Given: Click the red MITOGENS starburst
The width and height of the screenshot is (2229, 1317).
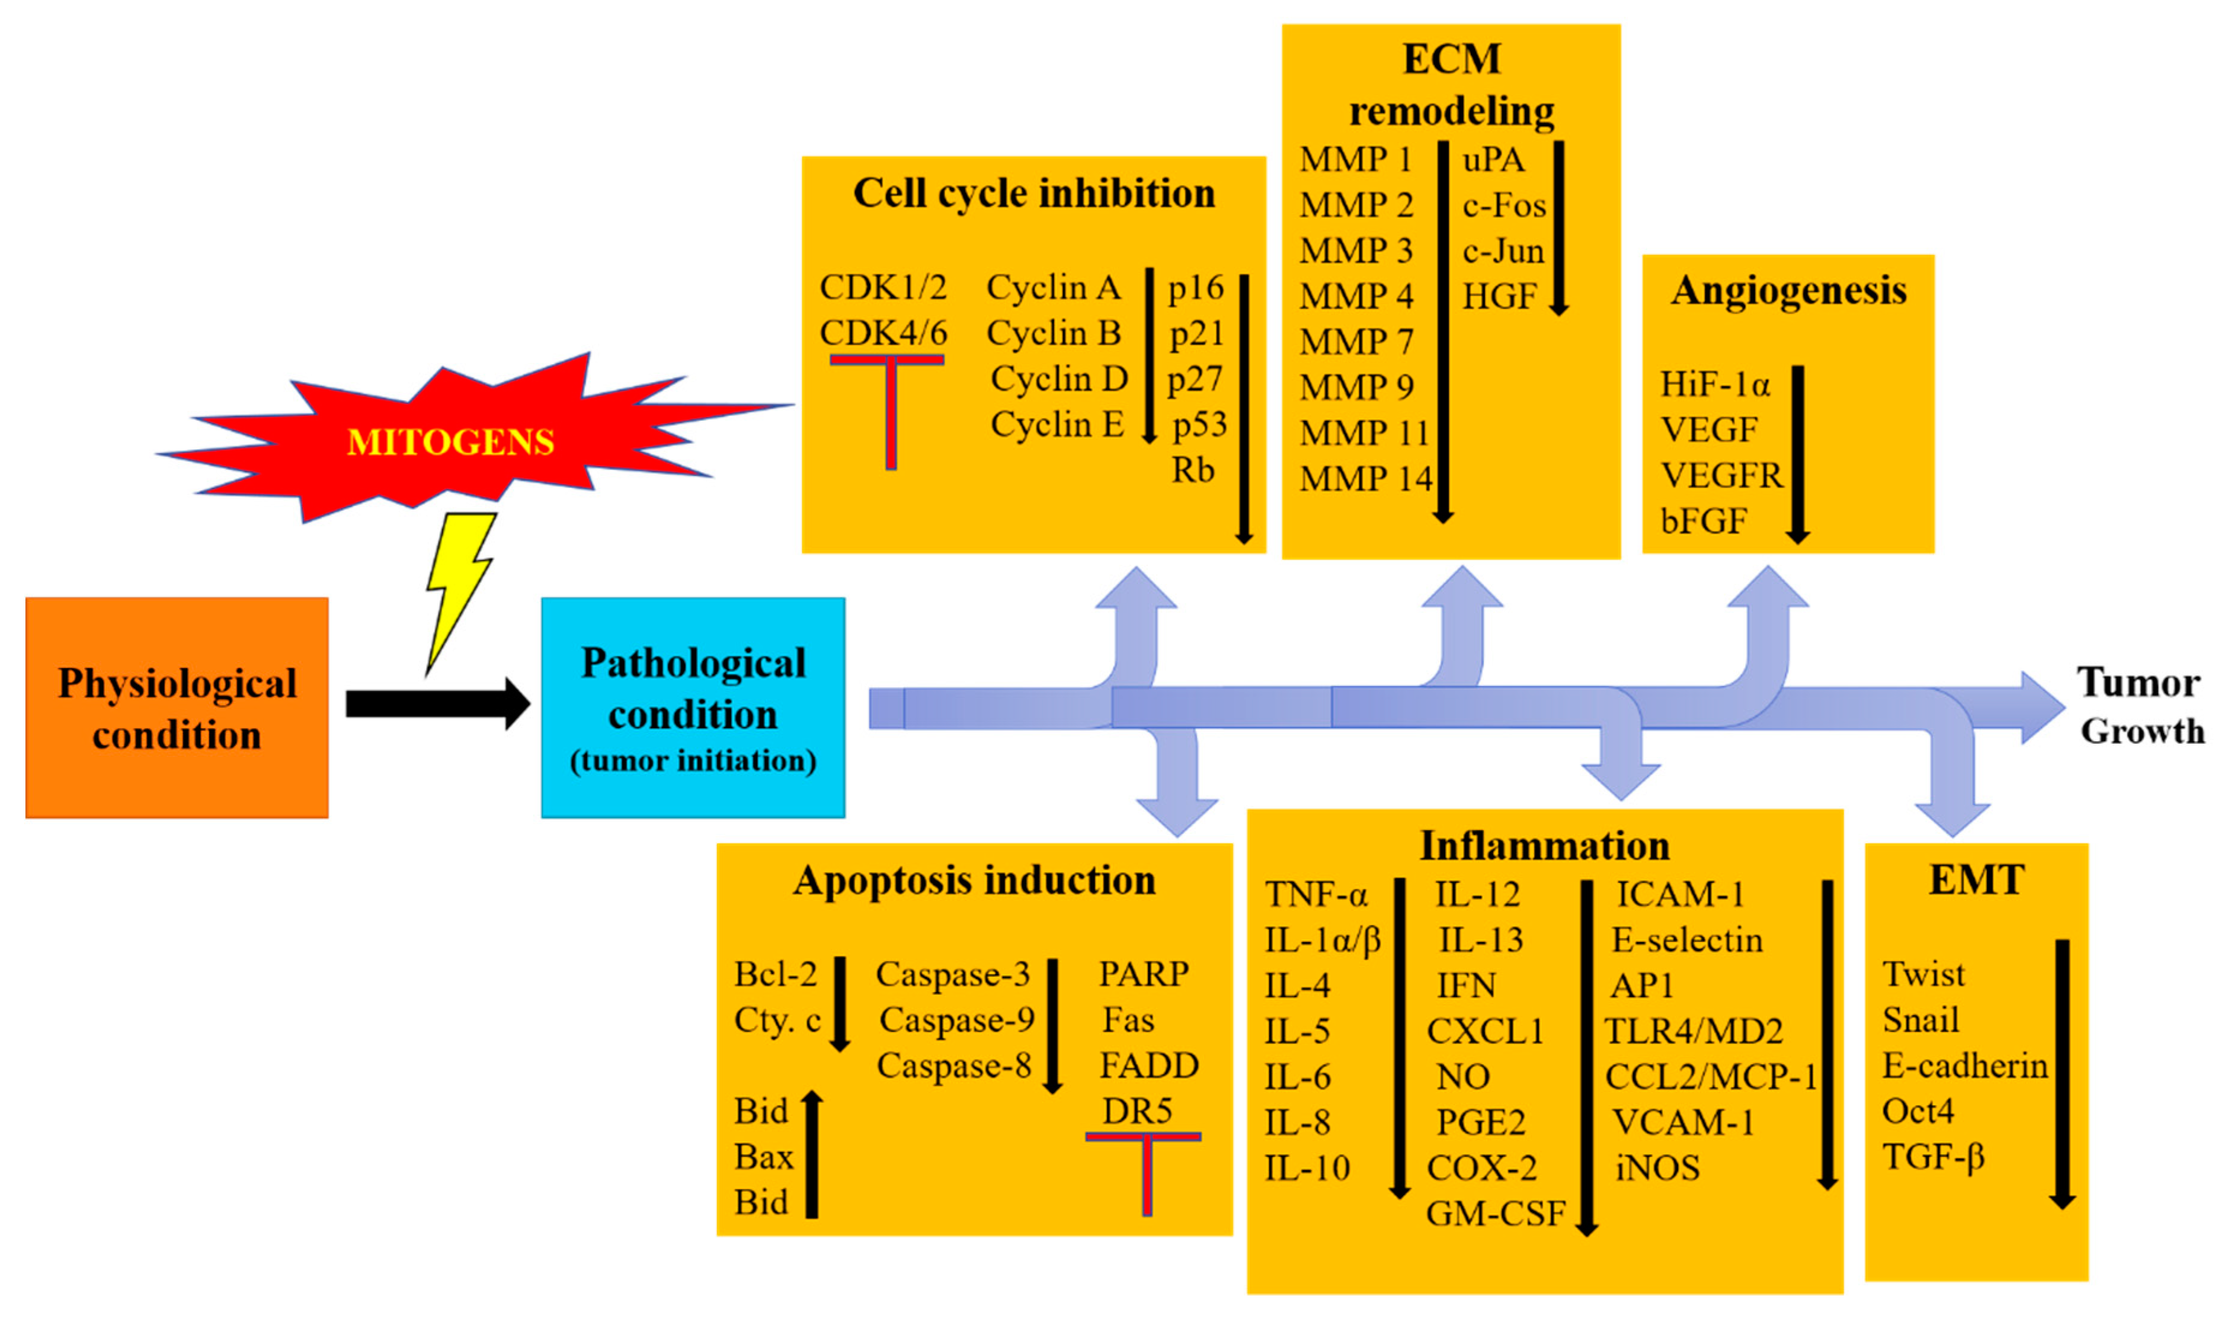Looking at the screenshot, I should [x=451, y=440].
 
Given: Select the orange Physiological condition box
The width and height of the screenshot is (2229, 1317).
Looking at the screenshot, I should [x=178, y=707].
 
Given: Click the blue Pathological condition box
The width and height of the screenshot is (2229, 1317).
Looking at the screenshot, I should [x=693, y=707].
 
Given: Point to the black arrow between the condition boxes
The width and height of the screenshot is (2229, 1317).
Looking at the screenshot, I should [x=435, y=704].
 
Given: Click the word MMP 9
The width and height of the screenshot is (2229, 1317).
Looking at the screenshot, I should [x=1356, y=387].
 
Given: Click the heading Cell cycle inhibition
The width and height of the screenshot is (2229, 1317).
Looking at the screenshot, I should [x=1033, y=193].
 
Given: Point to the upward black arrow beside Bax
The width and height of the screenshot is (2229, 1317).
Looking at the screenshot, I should [x=811, y=1154].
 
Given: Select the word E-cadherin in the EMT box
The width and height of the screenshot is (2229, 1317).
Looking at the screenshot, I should [x=1964, y=1065].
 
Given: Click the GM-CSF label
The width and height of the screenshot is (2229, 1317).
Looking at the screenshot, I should [x=1495, y=1213].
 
